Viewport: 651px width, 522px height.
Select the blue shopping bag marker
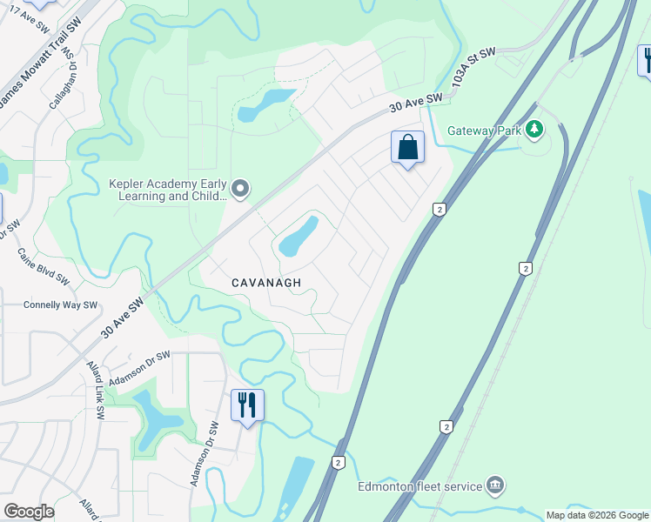pos(407,148)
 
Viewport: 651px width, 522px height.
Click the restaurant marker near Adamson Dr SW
pos(247,405)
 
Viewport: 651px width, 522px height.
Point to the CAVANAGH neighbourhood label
pos(266,283)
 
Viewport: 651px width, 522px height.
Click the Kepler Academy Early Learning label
pos(168,190)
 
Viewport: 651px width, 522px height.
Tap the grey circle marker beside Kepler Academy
pos(242,188)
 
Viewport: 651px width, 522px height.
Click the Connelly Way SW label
pos(60,305)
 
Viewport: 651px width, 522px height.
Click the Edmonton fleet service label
pos(419,485)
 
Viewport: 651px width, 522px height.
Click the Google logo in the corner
pos(29,512)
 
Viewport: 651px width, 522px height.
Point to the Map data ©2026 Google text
pos(596,515)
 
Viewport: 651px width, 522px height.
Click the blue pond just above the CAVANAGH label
pos(297,237)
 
